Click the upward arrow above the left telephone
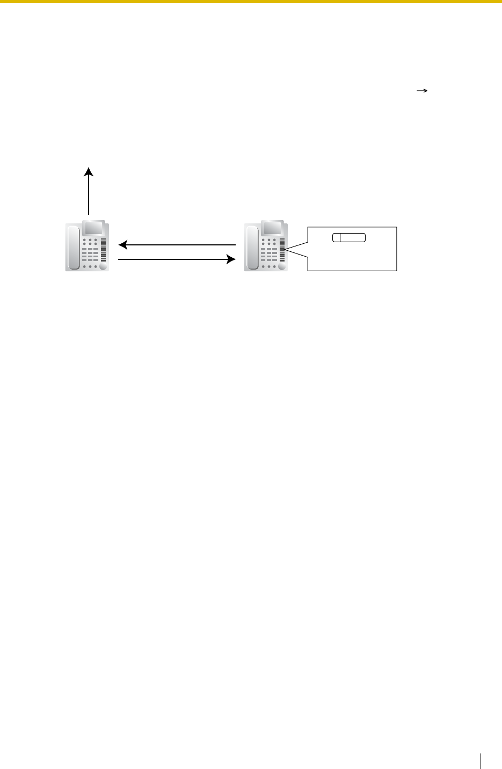click(x=89, y=191)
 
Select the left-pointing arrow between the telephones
click(x=177, y=245)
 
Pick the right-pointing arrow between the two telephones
click(x=177, y=260)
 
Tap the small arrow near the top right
click(x=421, y=92)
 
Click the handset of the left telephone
click(x=74, y=248)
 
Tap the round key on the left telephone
click(x=103, y=266)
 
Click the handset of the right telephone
click(x=253, y=248)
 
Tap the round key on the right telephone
click(x=282, y=266)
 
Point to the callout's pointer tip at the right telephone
click(x=287, y=250)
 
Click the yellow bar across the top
click(x=251, y=2)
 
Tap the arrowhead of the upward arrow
click(x=89, y=171)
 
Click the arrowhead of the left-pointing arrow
click(x=122, y=245)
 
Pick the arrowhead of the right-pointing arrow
click(x=232, y=260)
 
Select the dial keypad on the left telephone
click(x=89, y=252)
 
